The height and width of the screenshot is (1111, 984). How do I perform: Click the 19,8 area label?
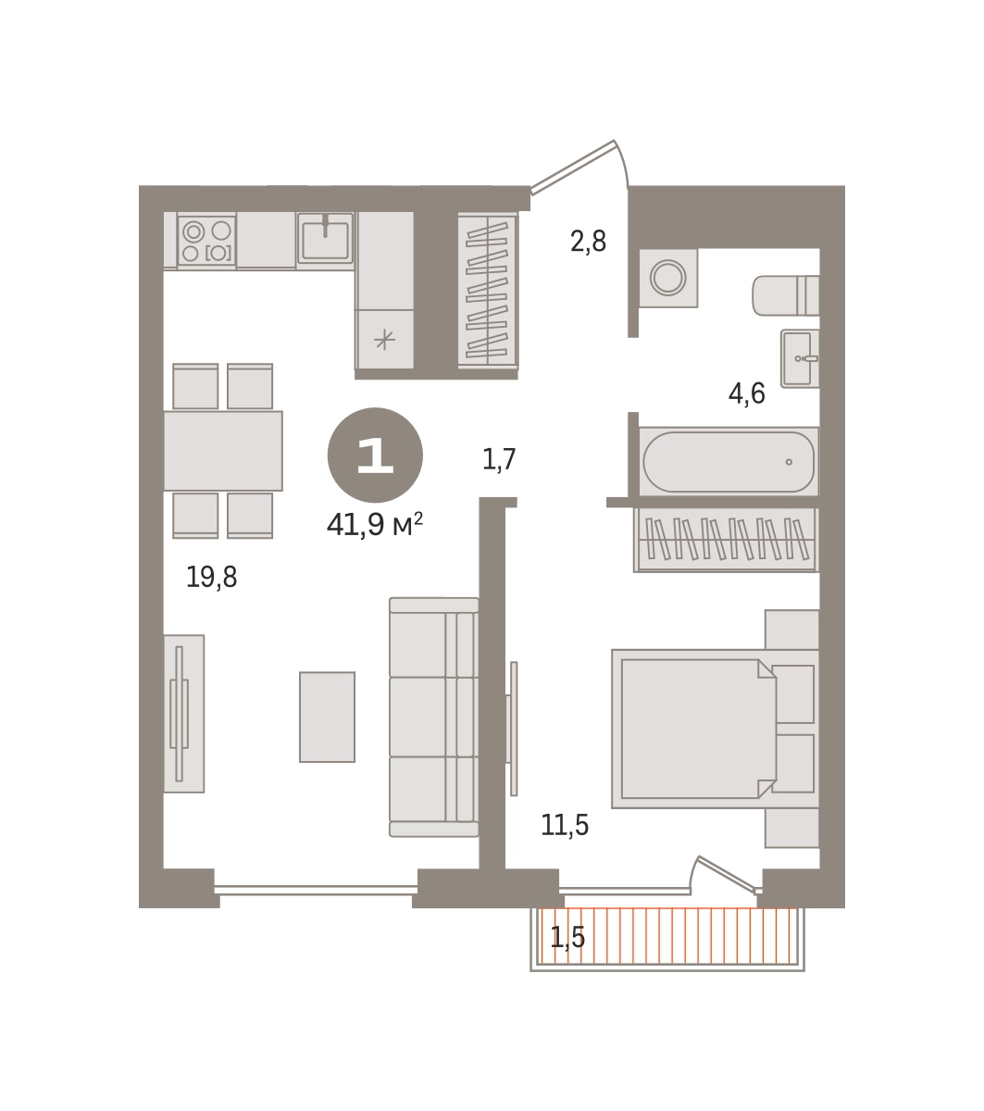[211, 577]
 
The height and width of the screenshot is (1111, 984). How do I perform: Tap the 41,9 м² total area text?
[374, 524]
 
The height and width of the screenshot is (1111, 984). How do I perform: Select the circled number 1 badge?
[375, 455]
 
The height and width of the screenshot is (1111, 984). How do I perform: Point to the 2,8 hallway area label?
[588, 242]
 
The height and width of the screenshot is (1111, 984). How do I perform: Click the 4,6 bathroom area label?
[746, 393]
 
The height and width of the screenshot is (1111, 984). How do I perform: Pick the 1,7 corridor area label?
[499, 459]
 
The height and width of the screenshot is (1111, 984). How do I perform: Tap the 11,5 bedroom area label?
[565, 825]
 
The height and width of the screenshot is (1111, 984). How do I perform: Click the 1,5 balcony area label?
[567, 937]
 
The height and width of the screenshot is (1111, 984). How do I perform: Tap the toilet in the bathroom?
[786, 295]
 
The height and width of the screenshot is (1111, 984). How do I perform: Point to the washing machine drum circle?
[667, 278]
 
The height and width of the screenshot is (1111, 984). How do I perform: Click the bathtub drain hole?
[789, 462]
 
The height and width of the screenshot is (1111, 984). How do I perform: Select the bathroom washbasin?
[800, 358]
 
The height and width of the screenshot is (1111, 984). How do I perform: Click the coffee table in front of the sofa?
[327, 717]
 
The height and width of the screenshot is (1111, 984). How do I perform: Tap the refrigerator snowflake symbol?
[384, 340]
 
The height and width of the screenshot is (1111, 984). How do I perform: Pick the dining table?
[223, 451]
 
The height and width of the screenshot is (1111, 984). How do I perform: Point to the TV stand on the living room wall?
[183, 714]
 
